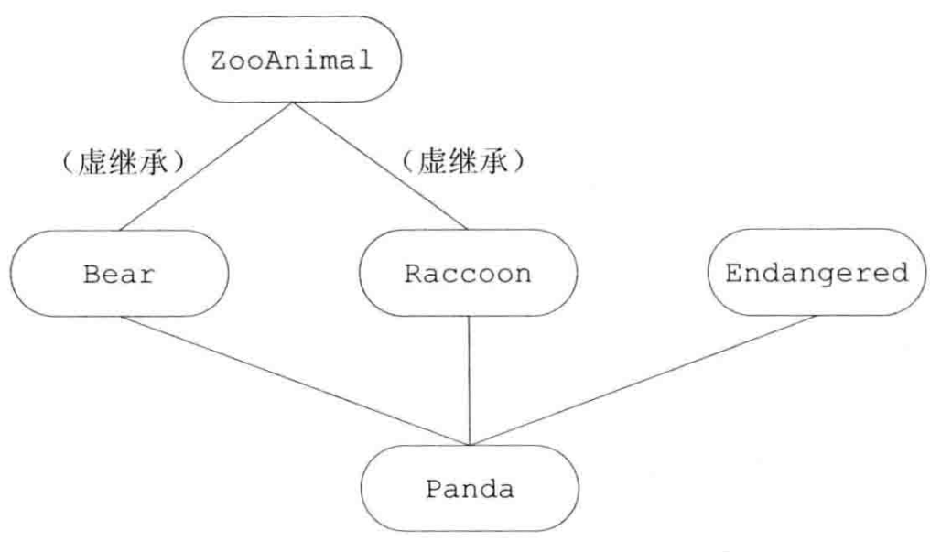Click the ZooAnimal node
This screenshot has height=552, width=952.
pyautogui.click(x=292, y=62)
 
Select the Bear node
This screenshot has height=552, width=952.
pyautogui.click(x=120, y=274)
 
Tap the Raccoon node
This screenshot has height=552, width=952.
pyautogui.click(x=469, y=274)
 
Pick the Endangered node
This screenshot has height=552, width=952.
pyautogui.click(x=817, y=273)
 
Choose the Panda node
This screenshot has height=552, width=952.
pyautogui.click(x=470, y=489)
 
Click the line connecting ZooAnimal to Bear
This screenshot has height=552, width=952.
pyautogui.click(x=207, y=166)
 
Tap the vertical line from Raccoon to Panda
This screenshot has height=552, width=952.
pyautogui.click(x=470, y=380)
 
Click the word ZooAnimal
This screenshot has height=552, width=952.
pyautogui.click(x=292, y=62)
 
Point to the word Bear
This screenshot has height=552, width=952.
pyautogui.click(x=120, y=274)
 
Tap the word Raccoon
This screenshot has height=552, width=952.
pyautogui.click(x=469, y=274)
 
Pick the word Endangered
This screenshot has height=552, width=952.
pyautogui.click(x=817, y=273)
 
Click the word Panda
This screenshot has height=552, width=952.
pyautogui.click(x=470, y=489)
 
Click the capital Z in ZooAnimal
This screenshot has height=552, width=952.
pyautogui.click(x=218, y=62)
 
